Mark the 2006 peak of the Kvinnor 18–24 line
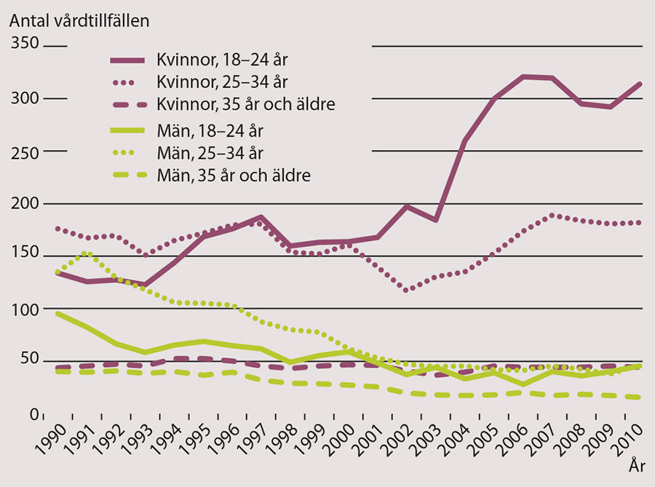523,76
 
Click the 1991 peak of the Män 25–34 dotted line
87,253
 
